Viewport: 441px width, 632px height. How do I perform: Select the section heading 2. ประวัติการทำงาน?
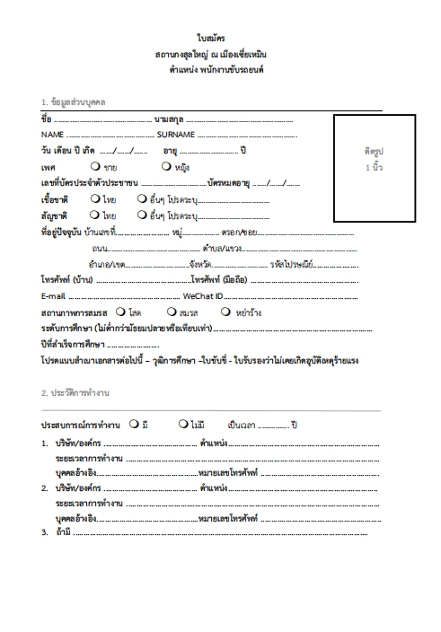(x=75, y=393)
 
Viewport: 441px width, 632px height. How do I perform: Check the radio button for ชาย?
(x=95, y=167)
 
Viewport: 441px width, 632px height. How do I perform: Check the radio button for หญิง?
(x=166, y=167)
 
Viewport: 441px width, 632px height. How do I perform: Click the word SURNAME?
(x=175, y=134)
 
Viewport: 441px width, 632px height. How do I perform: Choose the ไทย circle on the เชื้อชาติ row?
(x=95, y=198)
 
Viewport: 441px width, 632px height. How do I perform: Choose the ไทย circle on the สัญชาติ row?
(x=95, y=215)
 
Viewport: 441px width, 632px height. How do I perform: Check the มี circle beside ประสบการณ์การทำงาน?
(x=134, y=423)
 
